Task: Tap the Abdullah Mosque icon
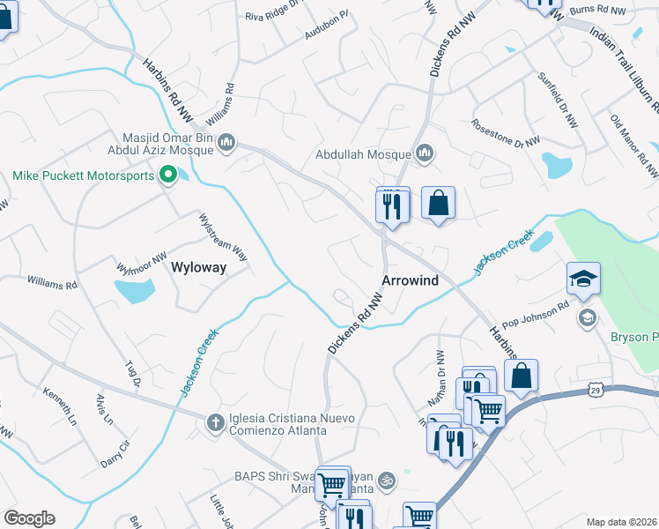click(x=426, y=154)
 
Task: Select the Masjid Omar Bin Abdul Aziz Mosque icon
click(x=226, y=141)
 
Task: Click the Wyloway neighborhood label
click(x=198, y=267)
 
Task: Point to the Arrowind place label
click(x=410, y=279)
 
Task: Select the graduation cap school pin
click(x=583, y=279)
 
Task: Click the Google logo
click(x=29, y=518)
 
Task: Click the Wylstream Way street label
click(x=223, y=236)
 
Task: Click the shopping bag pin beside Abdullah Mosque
click(x=438, y=204)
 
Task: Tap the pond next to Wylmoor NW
click(x=134, y=290)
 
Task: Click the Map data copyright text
click(x=621, y=521)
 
